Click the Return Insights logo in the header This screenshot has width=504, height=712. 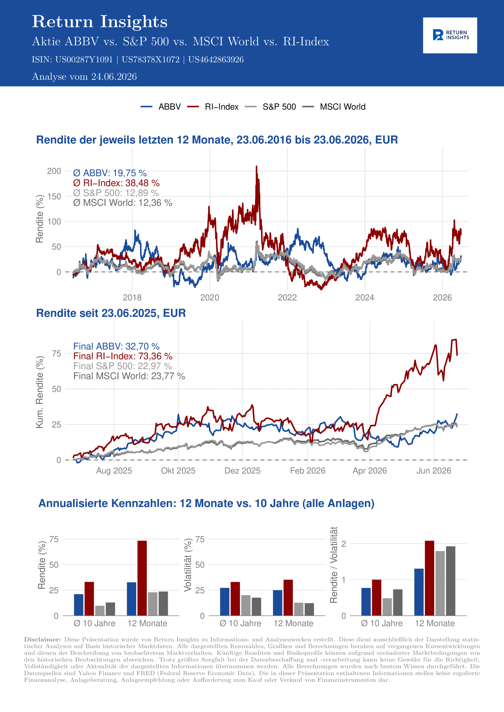coord(450,35)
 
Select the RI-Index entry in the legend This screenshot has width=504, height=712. coord(213,107)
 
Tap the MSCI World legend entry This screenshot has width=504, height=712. coord(334,107)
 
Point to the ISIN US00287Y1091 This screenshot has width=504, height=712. coord(84,60)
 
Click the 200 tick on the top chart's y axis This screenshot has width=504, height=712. coord(54,171)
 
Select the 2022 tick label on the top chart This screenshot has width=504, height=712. coord(287,298)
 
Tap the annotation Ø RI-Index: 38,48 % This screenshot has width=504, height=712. coord(116,183)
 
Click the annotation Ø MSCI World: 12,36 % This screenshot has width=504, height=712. coord(123,203)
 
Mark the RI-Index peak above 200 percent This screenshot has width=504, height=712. coord(256,167)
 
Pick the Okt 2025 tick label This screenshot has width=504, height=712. coord(178,471)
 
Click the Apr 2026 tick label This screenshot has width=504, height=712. coord(370,471)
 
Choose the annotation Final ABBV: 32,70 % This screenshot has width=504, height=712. coord(116,346)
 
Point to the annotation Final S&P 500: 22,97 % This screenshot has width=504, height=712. coord(123,366)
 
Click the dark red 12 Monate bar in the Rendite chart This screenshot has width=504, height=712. coord(142,578)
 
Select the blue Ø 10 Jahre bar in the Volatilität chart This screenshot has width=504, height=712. coord(225,602)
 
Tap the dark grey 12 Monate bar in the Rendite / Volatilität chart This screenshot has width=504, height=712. coord(451,581)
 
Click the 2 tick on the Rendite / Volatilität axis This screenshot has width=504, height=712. coord(343,544)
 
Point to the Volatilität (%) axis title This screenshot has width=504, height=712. coord(188,565)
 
